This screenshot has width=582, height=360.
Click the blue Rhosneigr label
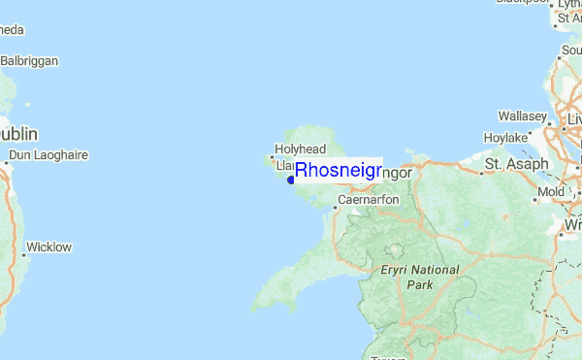(338, 171)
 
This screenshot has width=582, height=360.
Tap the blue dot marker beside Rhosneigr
(291, 180)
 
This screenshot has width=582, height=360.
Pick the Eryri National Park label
(419, 277)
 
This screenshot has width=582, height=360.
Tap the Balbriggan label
(29, 60)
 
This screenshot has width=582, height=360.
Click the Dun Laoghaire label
(48, 155)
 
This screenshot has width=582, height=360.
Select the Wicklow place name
(48, 247)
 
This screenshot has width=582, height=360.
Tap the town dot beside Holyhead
(271, 155)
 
